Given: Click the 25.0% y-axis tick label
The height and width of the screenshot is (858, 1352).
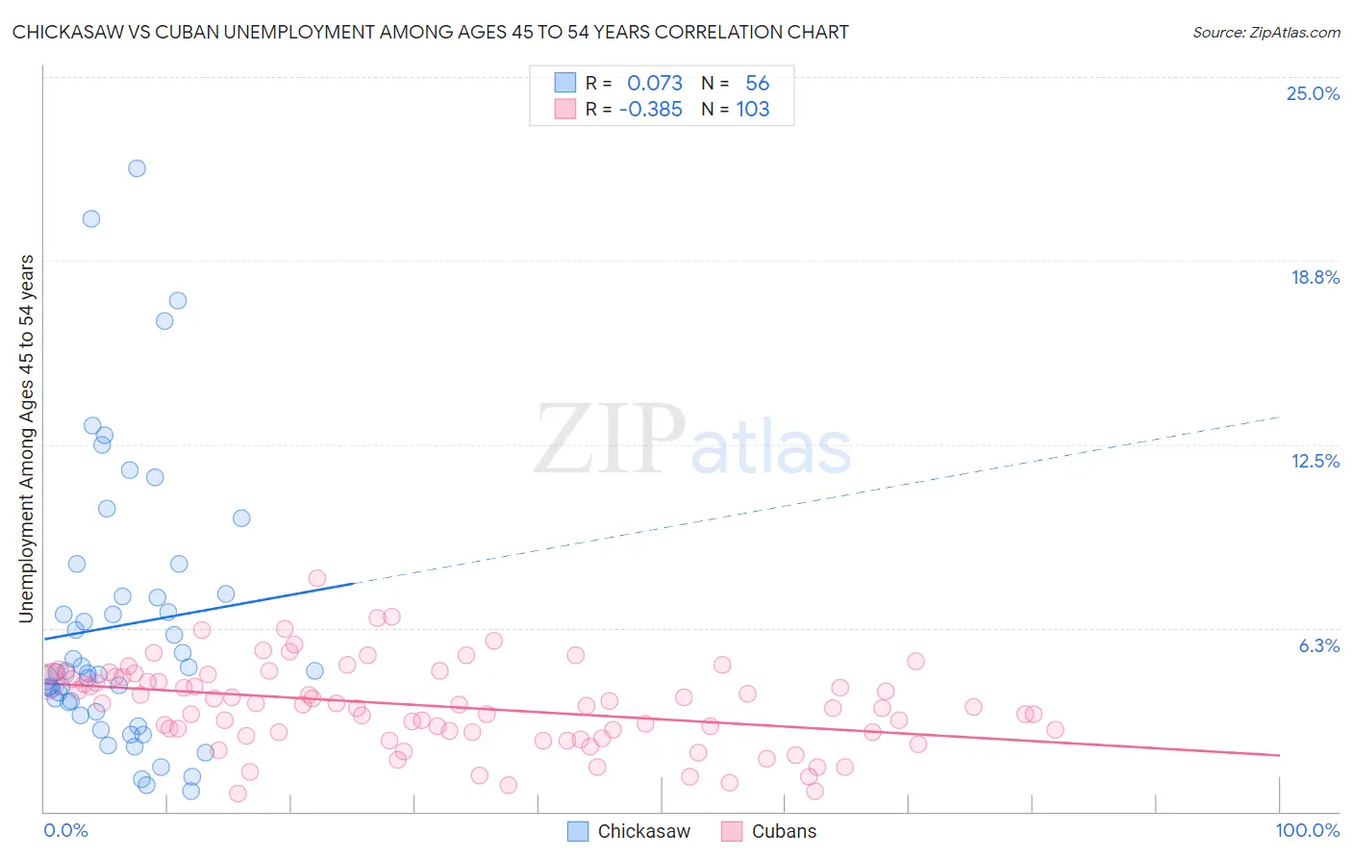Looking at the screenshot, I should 1313,93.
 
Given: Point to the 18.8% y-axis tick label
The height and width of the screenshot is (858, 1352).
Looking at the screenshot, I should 1314,277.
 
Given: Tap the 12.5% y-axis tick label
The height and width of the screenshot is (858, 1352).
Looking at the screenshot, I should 1314,461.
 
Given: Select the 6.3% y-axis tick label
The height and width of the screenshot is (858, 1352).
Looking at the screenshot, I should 1318,645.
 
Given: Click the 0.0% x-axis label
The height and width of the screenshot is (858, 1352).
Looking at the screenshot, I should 65,830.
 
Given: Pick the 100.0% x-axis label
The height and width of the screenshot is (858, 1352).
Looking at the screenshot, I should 1307,830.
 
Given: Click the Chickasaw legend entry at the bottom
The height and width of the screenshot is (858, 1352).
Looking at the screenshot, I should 629,831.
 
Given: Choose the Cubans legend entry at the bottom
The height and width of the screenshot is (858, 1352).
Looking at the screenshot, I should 768,831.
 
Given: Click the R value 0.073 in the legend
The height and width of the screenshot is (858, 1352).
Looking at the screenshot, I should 654,84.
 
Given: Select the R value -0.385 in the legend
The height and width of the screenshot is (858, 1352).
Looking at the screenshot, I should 650,110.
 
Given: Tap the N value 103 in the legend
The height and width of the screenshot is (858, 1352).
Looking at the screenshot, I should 753,110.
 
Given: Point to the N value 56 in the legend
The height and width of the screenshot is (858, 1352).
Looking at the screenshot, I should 757,84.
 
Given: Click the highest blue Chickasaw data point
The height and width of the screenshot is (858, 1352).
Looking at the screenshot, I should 137,168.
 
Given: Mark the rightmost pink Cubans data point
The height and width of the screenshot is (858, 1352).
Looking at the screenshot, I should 1055,729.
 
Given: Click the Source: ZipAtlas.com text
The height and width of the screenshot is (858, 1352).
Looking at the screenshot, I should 1265,33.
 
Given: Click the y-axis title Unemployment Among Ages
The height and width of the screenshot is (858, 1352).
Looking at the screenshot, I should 27,439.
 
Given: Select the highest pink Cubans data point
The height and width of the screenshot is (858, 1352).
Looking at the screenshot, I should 317,578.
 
